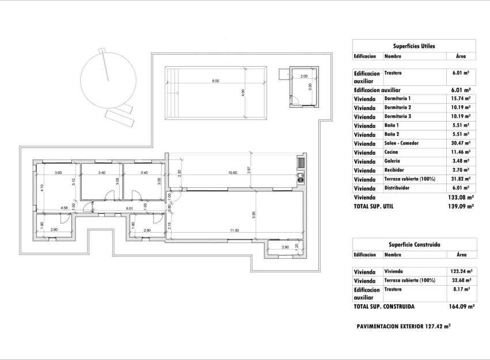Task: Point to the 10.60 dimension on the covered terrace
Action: click(233, 173)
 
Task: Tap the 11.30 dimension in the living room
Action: click(234, 230)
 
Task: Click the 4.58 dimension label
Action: click(64, 207)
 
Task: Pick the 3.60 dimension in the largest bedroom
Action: click(58, 173)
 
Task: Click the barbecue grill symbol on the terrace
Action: click(299, 163)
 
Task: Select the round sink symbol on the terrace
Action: click(299, 177)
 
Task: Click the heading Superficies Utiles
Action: click(413, 46)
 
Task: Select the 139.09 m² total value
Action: click(461, 206)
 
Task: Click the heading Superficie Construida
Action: click(413, 244)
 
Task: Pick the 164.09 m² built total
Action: click(461, 307)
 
